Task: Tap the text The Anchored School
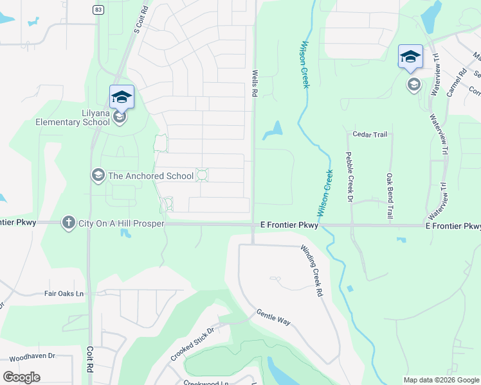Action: (150, 176)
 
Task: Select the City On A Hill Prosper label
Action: (122, 223)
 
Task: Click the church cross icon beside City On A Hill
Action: (68, 223)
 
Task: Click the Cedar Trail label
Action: (369, 135)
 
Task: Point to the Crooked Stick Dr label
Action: (191, 340)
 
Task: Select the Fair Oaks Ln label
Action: (64, 294)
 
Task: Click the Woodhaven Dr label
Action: (33, 355)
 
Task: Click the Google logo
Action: (21, 377)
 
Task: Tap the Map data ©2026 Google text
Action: (441, 380)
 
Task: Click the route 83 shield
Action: (98, 9)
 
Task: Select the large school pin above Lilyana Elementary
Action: (122, 97)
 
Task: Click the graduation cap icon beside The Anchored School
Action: (98, 175)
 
